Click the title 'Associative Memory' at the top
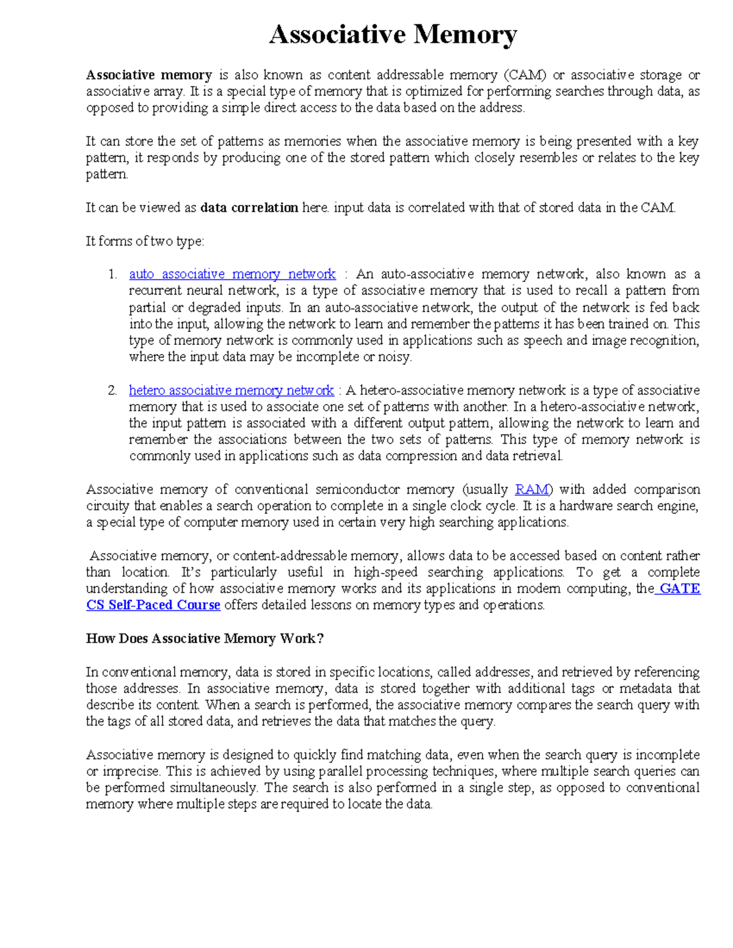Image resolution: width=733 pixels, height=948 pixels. pyautogui.click(x=393, y=35)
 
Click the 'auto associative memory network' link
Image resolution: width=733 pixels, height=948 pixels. pyautogui.click(x=232, y=274)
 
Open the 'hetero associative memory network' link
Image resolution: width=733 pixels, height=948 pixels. pyautogui.click(x=231, y=390)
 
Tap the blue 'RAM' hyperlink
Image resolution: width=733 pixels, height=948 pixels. pyautogui.click(x=532, y=490)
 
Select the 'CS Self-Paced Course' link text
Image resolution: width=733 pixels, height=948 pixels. pyautogui.click(x=153, y=605)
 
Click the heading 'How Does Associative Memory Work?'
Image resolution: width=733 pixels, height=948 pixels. pyautogui.click(x=205, y=639)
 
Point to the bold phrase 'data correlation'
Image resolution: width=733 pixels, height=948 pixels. pyautogui.click(x=249, y=208)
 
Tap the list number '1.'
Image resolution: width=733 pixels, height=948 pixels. pyautogui.click(x=112, y=274)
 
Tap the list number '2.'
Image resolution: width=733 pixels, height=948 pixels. pyautogui.click(x=112, y=390)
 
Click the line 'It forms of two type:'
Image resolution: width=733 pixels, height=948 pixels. pyautogui.click(x=145, y=241)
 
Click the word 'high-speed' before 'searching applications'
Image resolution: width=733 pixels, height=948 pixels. pyautogui.click(x=385, y=572)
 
